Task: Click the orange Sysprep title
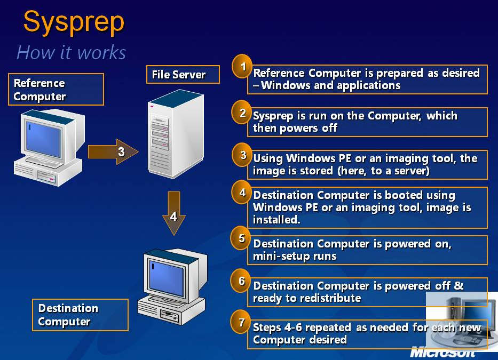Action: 74,23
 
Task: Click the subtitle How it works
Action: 71,52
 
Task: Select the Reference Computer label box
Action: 56,89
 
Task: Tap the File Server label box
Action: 183,75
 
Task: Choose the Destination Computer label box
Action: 81,315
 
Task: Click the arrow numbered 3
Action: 113,152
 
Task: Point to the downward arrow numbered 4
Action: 173,213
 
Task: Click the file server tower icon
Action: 176,134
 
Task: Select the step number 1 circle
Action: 242,66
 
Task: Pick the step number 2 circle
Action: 242,113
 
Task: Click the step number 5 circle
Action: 241,238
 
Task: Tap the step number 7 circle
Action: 241,322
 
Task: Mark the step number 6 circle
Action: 241,281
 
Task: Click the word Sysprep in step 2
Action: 273,116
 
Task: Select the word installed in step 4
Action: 276,219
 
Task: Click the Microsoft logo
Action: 442,352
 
